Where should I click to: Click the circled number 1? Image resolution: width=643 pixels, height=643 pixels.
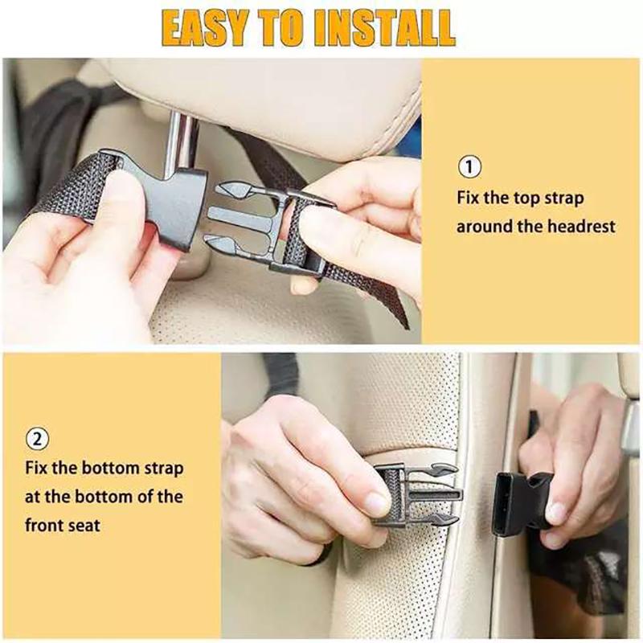pyautogui.click(x=470, y=167)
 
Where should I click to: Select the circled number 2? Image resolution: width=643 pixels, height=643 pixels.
pyautogui.click(x=37, y=439)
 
